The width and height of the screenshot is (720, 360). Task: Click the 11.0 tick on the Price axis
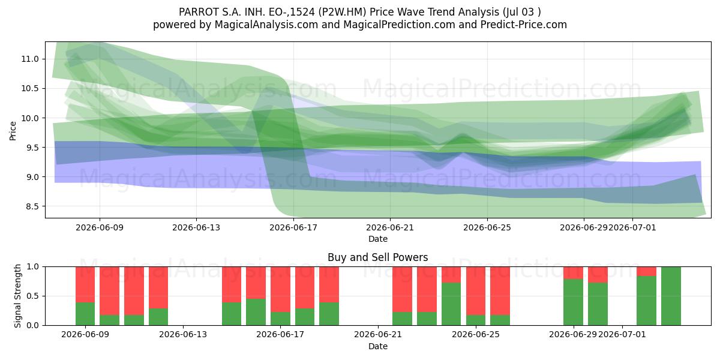(30, 59)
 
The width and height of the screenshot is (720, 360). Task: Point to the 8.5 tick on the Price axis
(32, 206)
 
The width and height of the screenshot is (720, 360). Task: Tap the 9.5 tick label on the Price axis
(32, 148)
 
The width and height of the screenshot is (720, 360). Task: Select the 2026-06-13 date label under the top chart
(196, 227)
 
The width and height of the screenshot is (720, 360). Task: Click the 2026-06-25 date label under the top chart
(487, 227)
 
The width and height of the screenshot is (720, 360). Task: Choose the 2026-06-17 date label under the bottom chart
(280, 335)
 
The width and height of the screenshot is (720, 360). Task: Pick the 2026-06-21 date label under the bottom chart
(378, 335)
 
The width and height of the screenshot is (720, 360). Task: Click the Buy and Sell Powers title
(377, 257)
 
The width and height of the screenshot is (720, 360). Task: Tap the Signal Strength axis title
(17, 296)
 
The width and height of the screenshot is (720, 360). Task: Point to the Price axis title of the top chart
(13, 131)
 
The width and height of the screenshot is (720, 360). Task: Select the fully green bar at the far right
(671, 296)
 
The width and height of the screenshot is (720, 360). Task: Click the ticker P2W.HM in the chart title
(343, 12)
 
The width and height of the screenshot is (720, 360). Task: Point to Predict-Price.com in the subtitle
(524, 25)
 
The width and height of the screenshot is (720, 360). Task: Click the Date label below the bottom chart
(377, 346)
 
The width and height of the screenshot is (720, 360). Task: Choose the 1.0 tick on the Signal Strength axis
(32, 267)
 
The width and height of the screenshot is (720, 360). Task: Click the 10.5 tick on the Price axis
(30, 88)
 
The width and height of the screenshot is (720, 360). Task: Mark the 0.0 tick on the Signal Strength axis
(32, 325)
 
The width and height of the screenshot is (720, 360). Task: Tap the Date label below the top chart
(377, 239)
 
